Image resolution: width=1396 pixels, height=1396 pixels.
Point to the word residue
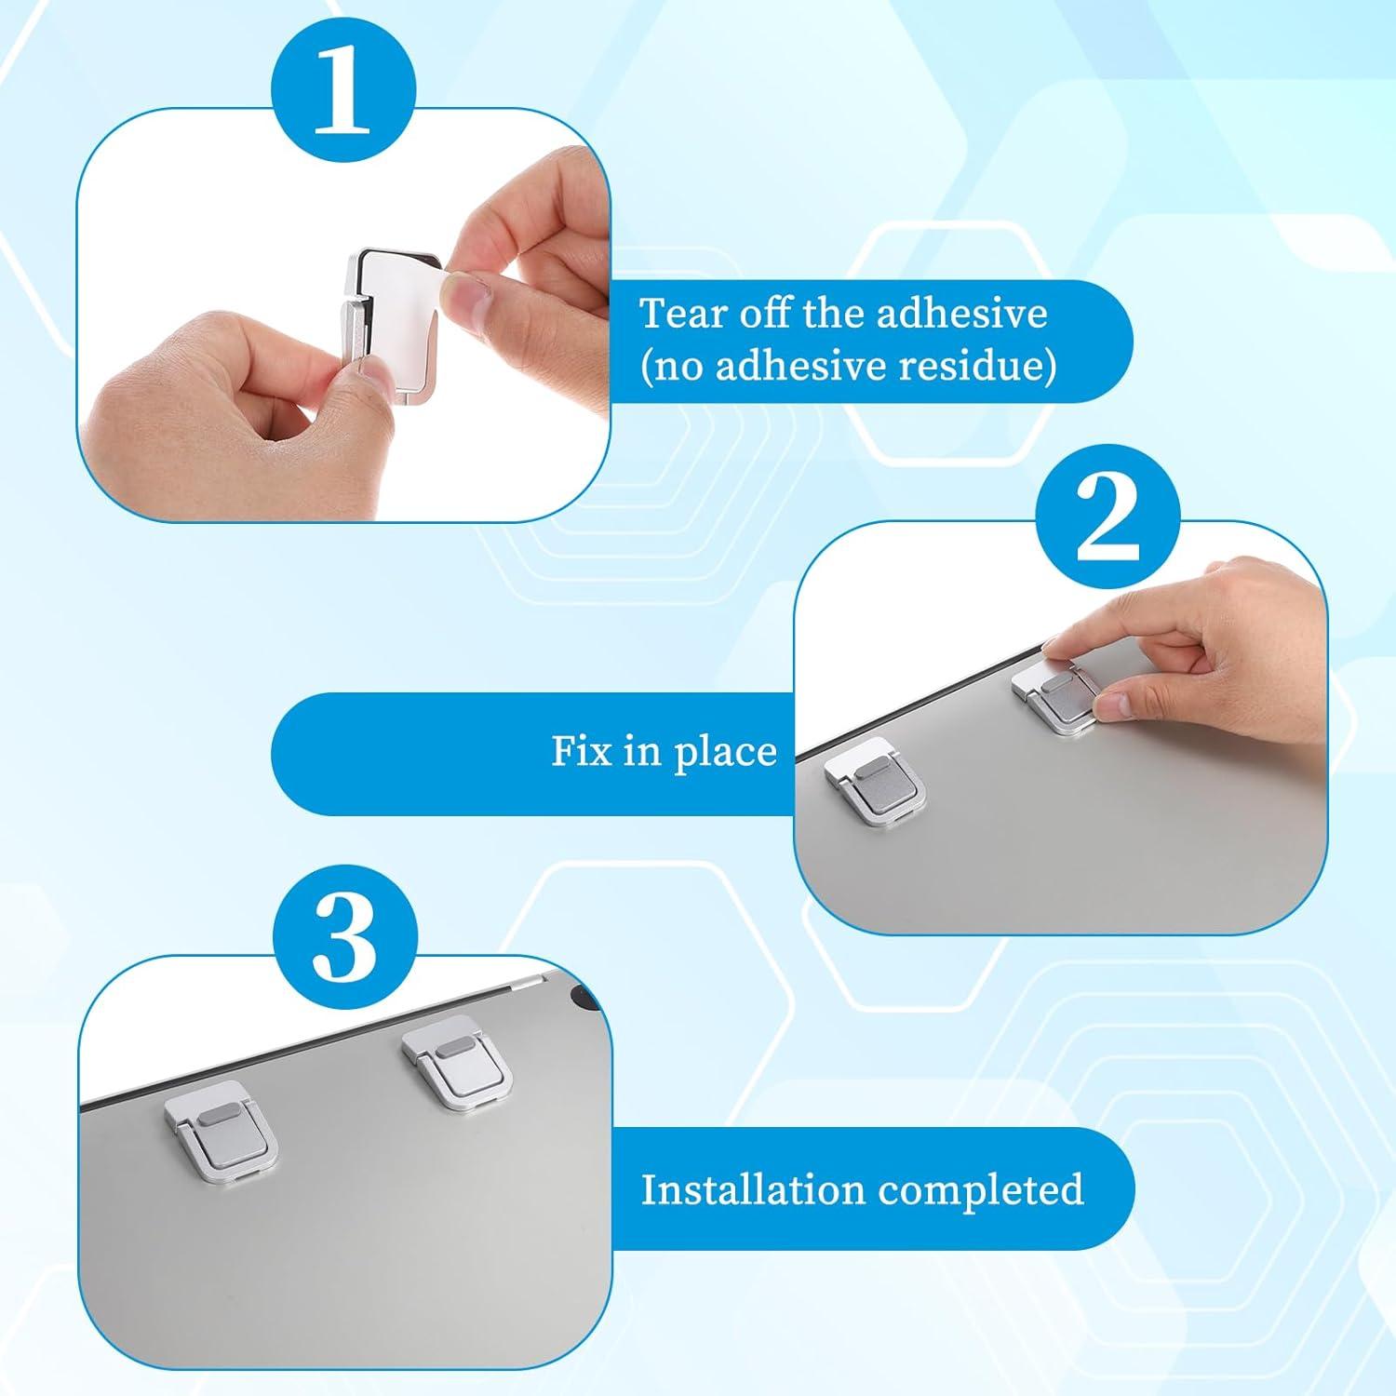pyautogui.click(x=977, y=366)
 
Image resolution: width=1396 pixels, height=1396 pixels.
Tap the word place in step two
pyautogui.click(x=725, y=753)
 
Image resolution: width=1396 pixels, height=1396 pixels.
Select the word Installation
pyautogui.click(x=751, y=1189)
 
